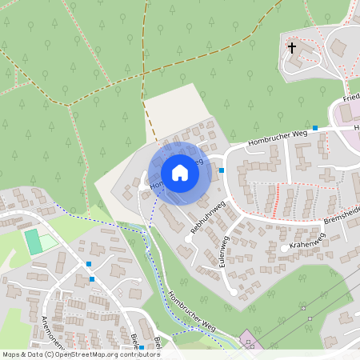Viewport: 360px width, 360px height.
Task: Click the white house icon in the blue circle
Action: click(179, 173)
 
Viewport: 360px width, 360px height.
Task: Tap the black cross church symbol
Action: click(292, 48)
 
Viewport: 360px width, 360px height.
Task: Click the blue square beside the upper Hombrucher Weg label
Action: click(315, 128)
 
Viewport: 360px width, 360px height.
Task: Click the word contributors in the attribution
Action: click(138, 354)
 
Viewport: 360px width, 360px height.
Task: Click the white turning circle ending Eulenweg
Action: click(234, 293)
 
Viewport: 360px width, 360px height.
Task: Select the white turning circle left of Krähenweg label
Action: click(284, 249)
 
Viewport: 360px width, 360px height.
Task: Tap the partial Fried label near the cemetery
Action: click(351, 97)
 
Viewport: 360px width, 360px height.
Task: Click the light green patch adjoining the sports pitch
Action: click(49, 240)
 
